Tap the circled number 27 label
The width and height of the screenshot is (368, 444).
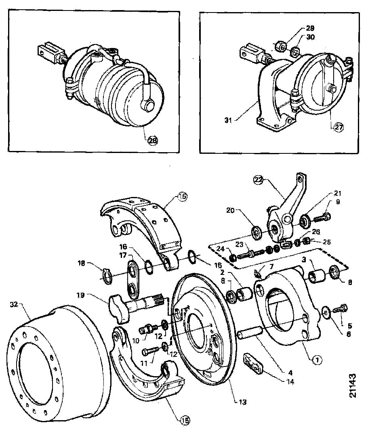coord(339,127)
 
